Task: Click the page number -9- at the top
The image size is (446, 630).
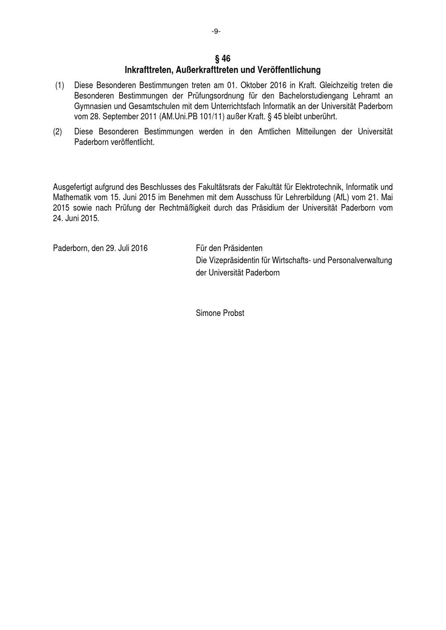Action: pyautogui.click(x=216, y=31)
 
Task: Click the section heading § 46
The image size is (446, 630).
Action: pyautogui.click(x=223, y=59)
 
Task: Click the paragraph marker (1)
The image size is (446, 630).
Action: pyautogui.click(x=60, y=85)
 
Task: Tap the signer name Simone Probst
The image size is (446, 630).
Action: pyautogui.click(x=220, y=313)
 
